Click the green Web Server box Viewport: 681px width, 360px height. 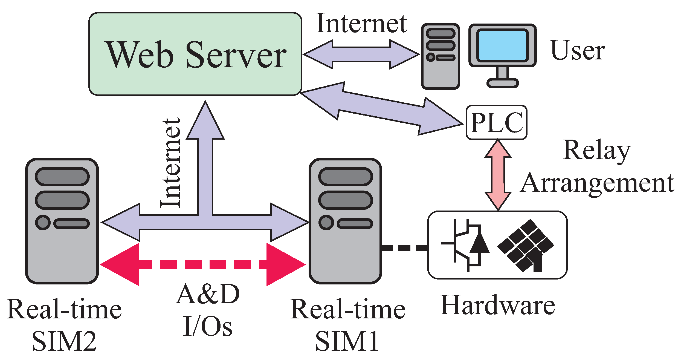click(x=195, y=54)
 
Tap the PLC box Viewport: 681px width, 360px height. click(x=496, y=123)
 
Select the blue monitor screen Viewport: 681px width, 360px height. click(x=502, y=45)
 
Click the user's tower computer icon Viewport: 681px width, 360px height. click(x=440, y=56)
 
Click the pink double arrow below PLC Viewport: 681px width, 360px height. click(x=498, y=175)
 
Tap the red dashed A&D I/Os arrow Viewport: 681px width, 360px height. click(x=202, y=264)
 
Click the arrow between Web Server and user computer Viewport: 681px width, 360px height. click(x=361, y=54)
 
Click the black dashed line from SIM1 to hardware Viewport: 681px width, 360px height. click(x=404, y=248)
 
